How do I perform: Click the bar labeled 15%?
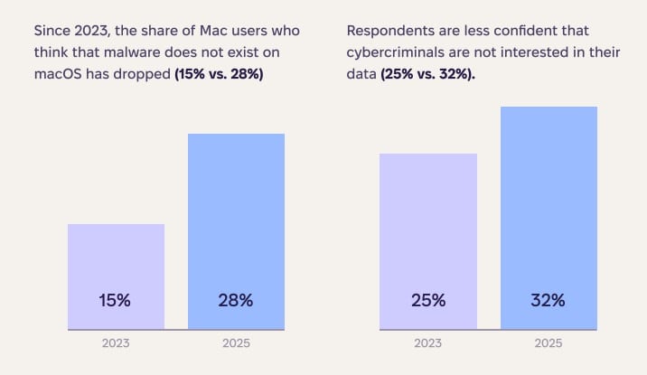point(116,262)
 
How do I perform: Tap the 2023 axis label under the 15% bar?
point(116,343)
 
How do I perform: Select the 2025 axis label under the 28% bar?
point(236,343)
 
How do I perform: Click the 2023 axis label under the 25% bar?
point(427,343)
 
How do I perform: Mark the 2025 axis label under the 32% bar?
point(549,343)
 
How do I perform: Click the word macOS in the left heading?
point(59,74)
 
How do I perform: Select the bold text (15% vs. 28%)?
point(219,74)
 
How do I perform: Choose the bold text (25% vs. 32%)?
point(428,74)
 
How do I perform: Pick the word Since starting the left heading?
point(52,31)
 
